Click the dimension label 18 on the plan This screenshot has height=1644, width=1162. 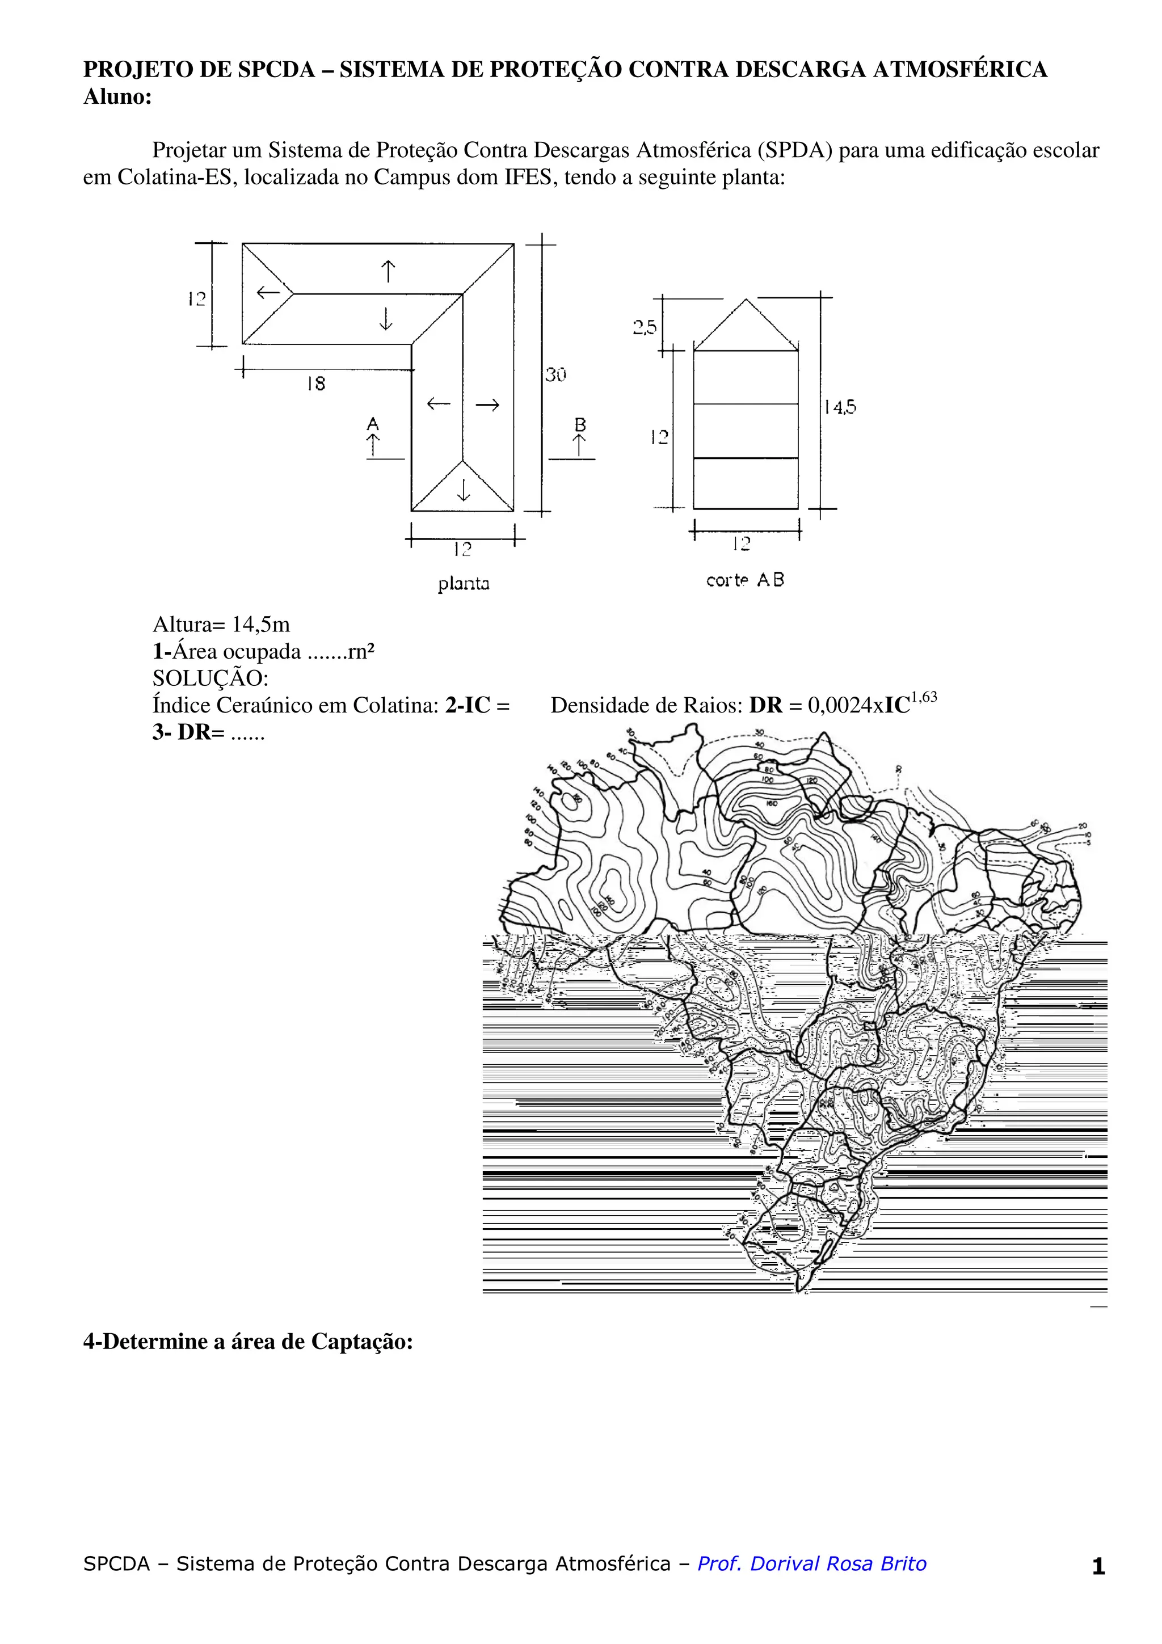click(315, 384)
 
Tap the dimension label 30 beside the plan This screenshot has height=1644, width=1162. click(555, 374)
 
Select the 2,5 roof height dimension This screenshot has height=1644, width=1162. click(645, 328)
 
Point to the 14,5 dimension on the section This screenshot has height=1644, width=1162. click(839, 407)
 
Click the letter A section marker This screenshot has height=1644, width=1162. click(372, 424)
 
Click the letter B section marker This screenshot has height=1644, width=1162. click(580, 424)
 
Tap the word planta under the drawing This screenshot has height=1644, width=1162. click(463, 584)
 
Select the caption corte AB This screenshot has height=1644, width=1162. click(744, 580)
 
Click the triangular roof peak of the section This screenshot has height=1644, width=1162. click(746, 301)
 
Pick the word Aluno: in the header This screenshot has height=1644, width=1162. click(117, 96)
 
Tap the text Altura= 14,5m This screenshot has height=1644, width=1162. click(221, 625)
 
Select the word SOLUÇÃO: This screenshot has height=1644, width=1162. click(210, 678)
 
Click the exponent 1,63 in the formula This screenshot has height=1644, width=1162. click(924, 697)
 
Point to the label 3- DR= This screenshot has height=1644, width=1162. click(188, 732)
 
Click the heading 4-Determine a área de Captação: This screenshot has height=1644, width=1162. click(248, 1341)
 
